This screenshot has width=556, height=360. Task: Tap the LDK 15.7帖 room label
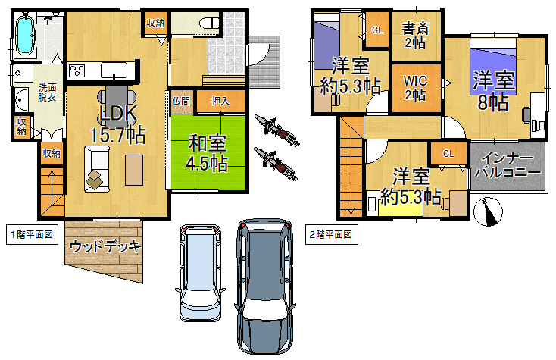pyautogui.click(x=117, y=124)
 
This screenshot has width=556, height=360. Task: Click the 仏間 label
pyautogui.click(x=181, y=102)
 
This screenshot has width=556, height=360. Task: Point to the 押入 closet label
pyautogui.click(x=220, y=102)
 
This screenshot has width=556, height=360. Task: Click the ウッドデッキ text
pyautogui.click(x=105, y=246)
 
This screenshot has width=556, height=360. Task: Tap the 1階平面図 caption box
pyautogui.click(x=32, y=234)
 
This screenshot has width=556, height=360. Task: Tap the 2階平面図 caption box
pyautogui.click(x=332, y=234)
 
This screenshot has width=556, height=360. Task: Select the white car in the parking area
pyautogui.click(x=200, y=273)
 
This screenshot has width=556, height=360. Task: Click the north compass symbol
pyautogui.click(x=489, y=211)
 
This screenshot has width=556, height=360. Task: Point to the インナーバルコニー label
pyautogui.click(x=508, y=165)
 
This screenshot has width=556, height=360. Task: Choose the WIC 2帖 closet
pyautogui.click(x=417, y=88)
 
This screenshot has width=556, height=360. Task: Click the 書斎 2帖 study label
pyautogui.click(x=416, y=35)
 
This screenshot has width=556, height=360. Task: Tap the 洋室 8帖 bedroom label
pyautogui.click(x=493, y=90)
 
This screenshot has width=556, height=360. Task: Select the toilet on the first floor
pyautogui.click(x=210, y=23)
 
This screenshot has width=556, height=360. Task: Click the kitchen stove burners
pyautogui.click(x=77, y=70)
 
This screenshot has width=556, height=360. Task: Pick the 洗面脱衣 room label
pyautogui.click(x=47, y=92)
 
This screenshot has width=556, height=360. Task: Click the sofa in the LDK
pyautogui.click(x=97, y=169)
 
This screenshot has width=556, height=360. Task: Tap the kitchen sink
pyautogui.click(x=114, y=70)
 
